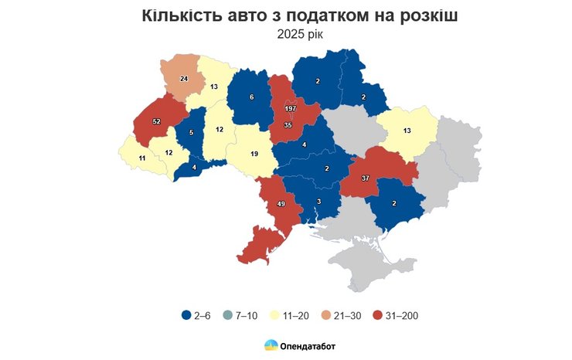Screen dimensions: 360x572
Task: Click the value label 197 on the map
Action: [x=291, y=109]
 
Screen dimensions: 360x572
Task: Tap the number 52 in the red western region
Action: [x=157, y=121]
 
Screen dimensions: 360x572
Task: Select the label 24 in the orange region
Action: [x=184, y=79]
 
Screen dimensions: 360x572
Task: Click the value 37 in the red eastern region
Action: [x=365, y=178]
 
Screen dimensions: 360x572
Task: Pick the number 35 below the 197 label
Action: [x=288, y=124]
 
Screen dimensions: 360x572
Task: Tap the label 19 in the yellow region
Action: [x=254, y=155]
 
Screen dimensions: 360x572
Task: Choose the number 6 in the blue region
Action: [x=251, y=97]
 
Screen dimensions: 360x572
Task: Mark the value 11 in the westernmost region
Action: [x=141, y=158]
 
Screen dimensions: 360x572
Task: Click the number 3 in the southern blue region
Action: [x=318, y=202]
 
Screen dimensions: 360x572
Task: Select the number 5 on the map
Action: [x=191, y=132]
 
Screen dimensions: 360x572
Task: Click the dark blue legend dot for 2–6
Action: [x=186, y=315]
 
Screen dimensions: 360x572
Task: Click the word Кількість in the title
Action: [x=181, y=16]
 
